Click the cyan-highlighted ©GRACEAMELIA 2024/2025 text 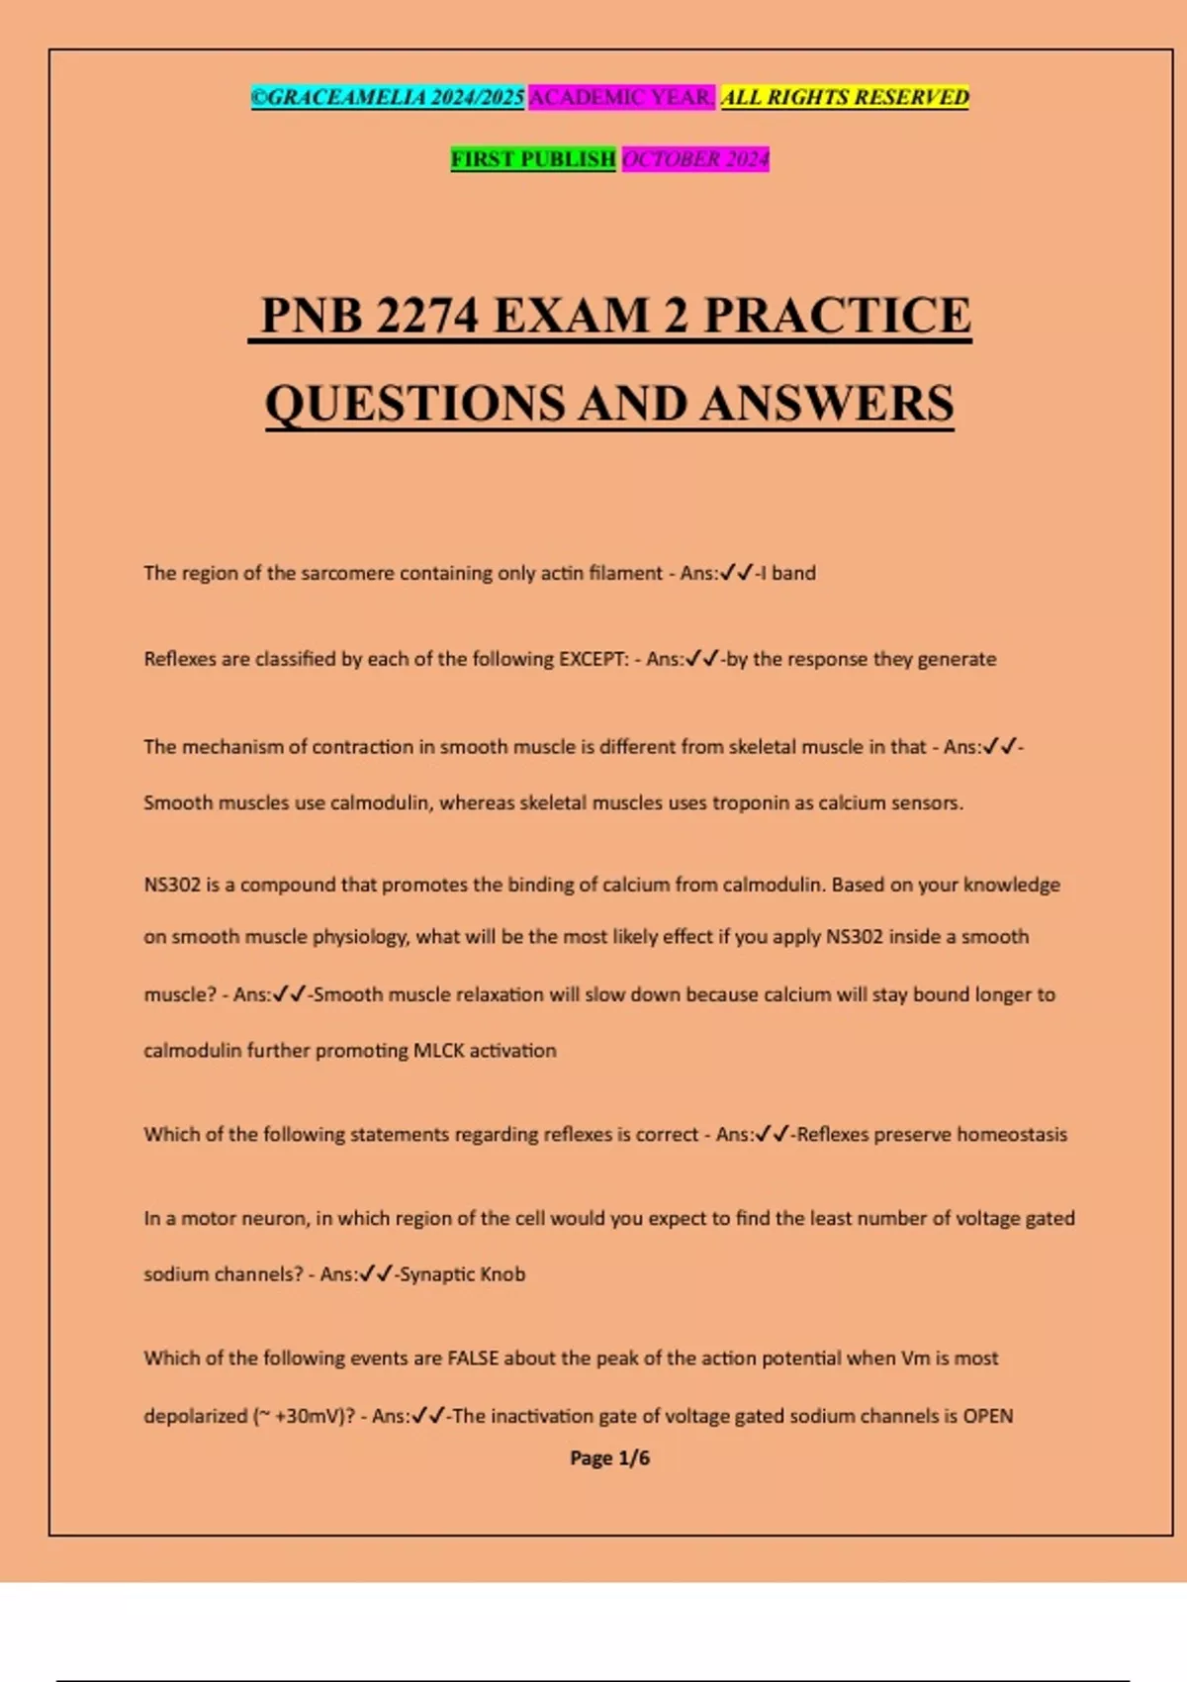tap(388, 97)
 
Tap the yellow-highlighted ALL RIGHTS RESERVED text tap(845, 97)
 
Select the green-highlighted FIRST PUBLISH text tap(533, 159)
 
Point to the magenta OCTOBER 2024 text tap(695, 159)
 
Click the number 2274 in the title tap(427, 316)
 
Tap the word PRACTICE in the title tap(837, 316)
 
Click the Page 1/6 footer tap(609, 1457)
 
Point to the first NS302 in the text tap(172, 885)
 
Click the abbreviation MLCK tap(438, 1051)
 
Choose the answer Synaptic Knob tap(462, 1274)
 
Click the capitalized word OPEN tap(987, 1416)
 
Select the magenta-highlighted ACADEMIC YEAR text tap(621, 97)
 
